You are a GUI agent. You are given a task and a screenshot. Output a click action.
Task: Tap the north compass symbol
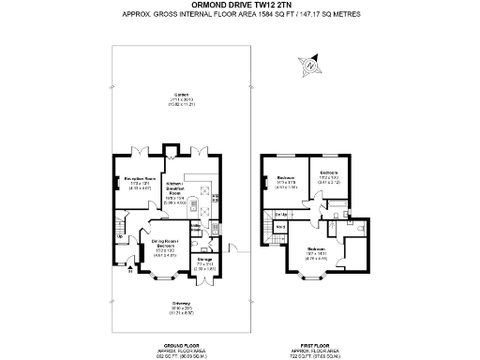[311, 66]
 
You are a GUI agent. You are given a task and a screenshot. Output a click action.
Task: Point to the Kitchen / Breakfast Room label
[175, 187]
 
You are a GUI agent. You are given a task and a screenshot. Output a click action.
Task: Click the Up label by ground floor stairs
[118, 235]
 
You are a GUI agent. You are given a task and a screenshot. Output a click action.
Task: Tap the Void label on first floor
[281, 228]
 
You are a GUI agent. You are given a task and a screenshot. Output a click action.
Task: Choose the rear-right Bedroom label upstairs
[329, 173]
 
